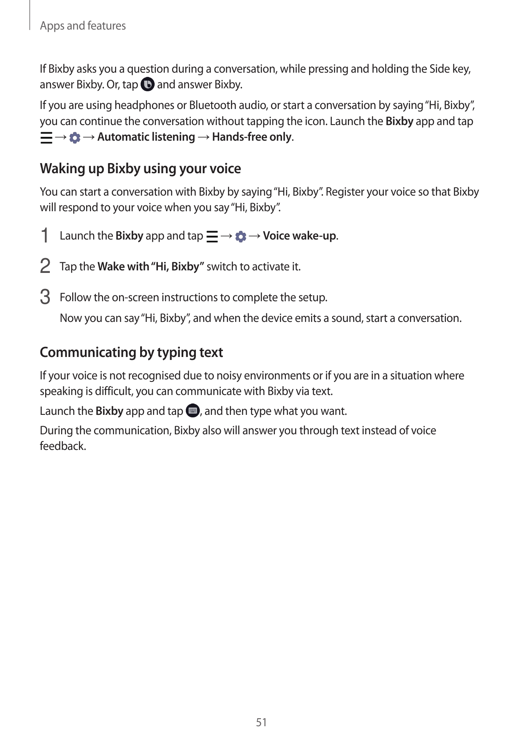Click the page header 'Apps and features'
pyautogui.click(x=83, y=26)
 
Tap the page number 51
pyautogui.click(x=261, y=722)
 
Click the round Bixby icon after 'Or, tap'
pyautogui.click(x=147, y=85)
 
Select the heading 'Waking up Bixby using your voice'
pyautogui.click(x=140, y=169)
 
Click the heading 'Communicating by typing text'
pyautogui.click(x=131, y=352)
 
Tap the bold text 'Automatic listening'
pyautogui.click(x=146, y=137)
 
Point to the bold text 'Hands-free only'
pyautogui.click(x=252, y=137)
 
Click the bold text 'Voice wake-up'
pyautogui.click(x=299, y=236)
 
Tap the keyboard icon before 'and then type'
pyautogui.click(x=193, y=411)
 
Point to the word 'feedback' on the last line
pyautogui.click(x=62, y=446)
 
